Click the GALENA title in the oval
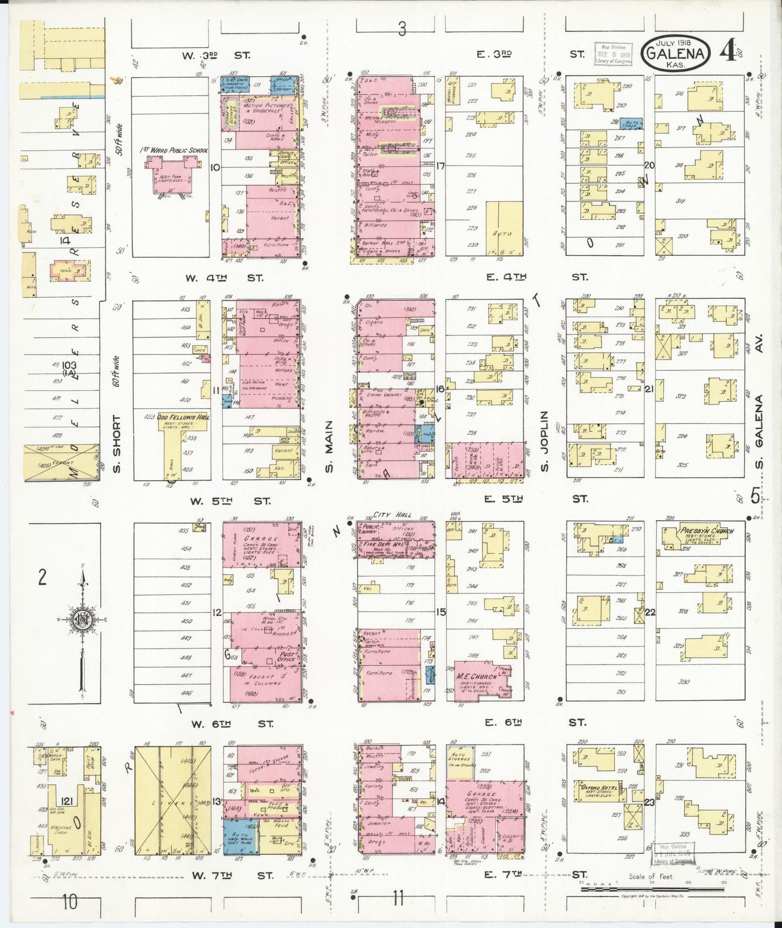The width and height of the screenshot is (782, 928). [675, 53]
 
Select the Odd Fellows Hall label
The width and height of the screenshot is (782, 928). [175, 417]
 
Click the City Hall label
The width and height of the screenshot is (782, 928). [392, 515]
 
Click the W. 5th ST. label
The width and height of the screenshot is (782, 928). [228, 501]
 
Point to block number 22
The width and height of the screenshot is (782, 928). [650, 612]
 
